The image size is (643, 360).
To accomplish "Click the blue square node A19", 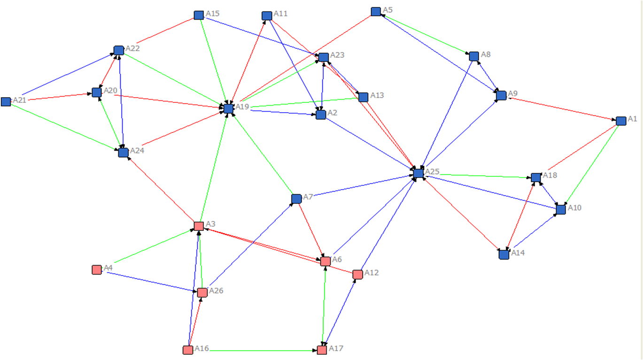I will click(x=229, y=108).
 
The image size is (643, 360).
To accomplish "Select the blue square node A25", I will click(x=418, y=173).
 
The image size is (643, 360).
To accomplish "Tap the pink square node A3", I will click(x=199, y=226).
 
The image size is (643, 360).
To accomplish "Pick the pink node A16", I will click(x=187, y=350).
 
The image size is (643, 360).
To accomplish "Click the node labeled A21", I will click(x=6, y=101).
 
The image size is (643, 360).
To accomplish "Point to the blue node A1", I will click(x=621, y=121).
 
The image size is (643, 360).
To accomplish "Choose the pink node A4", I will click(x=97, y=269).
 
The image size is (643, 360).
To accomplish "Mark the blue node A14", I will click(x=504, y=254).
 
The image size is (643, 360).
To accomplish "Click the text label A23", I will click(x=337, y=55).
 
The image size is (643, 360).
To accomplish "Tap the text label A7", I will click(x=308, y=197).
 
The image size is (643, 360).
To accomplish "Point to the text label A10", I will click(x=574, y=207).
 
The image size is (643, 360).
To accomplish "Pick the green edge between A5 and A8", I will click(x=425, y=33).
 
